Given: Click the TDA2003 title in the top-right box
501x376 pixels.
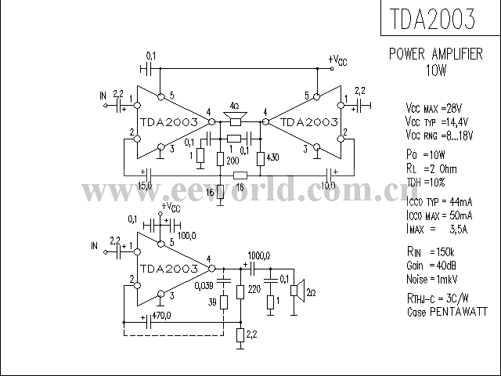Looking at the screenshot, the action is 432,19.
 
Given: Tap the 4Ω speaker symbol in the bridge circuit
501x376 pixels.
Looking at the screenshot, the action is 235,119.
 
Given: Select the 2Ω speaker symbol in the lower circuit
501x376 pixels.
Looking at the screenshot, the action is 297,290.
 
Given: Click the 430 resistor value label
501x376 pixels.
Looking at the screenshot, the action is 272,157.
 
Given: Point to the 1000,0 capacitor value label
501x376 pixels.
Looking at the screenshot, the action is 259,256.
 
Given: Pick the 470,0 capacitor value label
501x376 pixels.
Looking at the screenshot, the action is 161,316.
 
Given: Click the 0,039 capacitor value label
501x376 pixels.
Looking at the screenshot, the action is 204,285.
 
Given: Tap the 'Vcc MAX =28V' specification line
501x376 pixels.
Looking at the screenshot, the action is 434,109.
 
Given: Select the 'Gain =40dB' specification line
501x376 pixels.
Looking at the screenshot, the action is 431,266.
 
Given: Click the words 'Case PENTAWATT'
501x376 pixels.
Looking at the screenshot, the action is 447,312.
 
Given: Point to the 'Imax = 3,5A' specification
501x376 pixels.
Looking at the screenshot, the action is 437,229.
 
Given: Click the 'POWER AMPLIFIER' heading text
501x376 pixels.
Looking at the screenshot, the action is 435,54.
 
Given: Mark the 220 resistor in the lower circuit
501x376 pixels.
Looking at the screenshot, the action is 240,292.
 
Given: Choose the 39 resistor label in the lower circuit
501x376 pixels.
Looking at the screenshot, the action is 212,302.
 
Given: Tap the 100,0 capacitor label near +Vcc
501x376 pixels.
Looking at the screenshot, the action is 186,236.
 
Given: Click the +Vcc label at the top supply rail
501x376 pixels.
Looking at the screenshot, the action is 337,60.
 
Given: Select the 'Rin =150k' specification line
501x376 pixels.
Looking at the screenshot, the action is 431,252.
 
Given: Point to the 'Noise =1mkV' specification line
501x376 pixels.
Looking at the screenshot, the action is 431,279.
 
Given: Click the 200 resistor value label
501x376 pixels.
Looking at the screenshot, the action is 232,161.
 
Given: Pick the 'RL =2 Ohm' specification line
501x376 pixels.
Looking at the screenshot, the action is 431,168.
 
